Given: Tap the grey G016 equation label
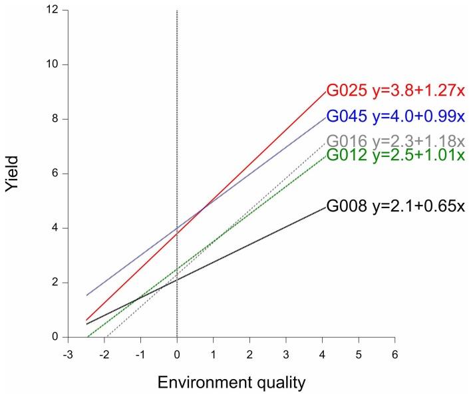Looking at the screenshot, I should click(x=395, y=142).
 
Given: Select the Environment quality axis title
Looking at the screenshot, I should click(x=231, y=382).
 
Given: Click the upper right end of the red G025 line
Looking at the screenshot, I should click(x=325, y=92).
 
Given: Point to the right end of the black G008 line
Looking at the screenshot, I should click(x=325, y=207).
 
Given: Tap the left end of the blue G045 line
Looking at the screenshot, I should click(x=86, y=295).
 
